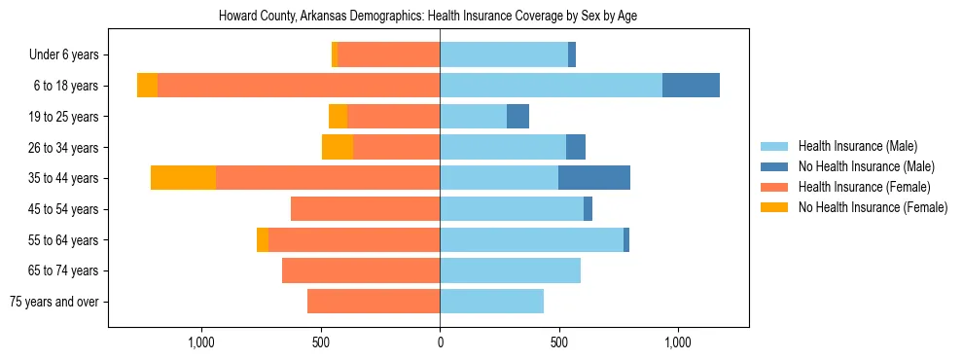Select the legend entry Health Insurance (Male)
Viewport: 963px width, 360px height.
coord(857,146)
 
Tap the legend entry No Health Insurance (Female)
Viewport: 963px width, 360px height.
coord(873,207)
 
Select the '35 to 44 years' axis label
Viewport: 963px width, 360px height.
coord(63,178)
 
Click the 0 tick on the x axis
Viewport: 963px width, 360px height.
coord(440,342)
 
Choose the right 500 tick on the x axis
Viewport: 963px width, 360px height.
coord(558,342)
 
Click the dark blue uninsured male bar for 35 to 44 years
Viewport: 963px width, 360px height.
coord(594,178)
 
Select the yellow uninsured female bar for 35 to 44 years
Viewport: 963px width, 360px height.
coord(183,178)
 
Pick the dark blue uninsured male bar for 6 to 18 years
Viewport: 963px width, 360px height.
coord(691,86)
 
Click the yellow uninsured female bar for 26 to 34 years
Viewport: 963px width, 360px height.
coord(338,147)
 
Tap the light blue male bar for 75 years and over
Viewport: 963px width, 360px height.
coord(491,302)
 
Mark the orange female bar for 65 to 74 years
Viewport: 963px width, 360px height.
coord(361,270)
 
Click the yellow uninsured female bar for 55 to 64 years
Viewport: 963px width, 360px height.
coord(263,239)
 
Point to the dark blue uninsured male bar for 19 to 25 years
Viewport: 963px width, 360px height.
coord(517,117)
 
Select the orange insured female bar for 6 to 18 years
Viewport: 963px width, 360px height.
coord(299,86)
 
